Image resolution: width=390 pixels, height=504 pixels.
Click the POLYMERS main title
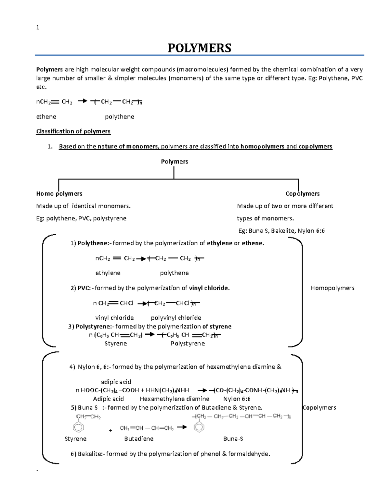[x=199, y=48]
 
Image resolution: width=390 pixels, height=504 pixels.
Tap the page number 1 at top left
[x=38, y=28]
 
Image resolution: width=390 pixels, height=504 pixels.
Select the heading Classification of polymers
[x=73, y=131]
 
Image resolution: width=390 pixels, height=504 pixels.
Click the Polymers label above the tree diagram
[x=175, y=162]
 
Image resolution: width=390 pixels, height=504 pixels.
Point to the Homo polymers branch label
[x=59, y=194]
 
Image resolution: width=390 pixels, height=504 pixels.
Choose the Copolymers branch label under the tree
[x=302, y=194]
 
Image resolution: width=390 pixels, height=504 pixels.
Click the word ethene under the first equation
[x=46, y=117]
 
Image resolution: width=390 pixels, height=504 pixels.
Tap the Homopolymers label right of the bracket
[x=332, y=288]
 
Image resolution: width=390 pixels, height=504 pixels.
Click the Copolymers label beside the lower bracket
[x=319, y=408]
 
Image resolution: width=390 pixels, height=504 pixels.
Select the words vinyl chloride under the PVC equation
[x=114, y=318]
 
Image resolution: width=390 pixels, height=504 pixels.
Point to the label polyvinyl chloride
[x=176, y=318]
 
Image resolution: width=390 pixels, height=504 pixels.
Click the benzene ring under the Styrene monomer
[x=78, y=427]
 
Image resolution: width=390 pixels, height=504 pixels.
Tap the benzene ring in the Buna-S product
[x=199, y=426]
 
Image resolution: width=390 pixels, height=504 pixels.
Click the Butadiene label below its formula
[x=139, y=439]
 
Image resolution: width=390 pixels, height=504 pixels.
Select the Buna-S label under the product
[x=233, y=439]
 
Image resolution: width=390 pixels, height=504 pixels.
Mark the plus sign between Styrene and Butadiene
[x=110, y=430]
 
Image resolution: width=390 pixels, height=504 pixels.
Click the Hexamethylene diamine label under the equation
[x=175, y=399]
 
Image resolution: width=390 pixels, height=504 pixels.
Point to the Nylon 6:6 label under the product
[x=237, y=399]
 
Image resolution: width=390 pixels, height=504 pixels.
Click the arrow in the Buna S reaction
[x=182, y=427]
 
